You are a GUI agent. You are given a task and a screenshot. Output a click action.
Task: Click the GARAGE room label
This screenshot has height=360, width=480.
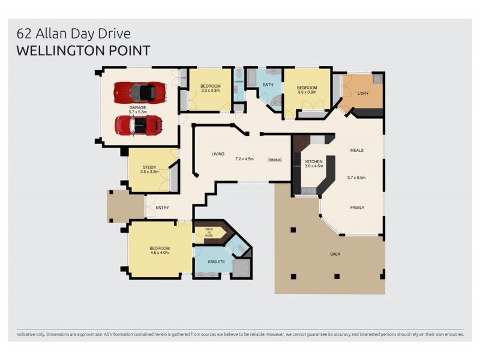click(x=138, y=108)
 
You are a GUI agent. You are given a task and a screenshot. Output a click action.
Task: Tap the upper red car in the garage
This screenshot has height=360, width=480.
click(x=139, y=92)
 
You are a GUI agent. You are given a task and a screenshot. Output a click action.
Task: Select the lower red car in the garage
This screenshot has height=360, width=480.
click(x=139, y=125)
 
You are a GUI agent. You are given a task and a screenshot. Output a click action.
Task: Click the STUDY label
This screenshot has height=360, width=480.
click(x=149, y=167)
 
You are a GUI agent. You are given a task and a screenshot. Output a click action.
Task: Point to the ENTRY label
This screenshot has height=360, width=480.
click(x=162, y=208)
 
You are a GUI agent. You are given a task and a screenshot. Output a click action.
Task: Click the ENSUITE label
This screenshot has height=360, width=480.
click(x=217, y=262)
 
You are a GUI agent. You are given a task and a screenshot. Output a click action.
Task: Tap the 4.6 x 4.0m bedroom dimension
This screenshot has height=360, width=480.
click(x=159, y=253)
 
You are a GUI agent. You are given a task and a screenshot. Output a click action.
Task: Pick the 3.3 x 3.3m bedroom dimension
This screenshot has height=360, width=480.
click(x=210, y=92)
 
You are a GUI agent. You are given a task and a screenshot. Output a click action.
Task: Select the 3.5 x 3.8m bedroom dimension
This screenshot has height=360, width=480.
click(x=307, y=92)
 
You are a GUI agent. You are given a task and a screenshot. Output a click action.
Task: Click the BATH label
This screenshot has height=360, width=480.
click(x=268, y=85)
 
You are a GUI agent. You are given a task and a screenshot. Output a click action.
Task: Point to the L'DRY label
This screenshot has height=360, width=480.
click(x=362, y=93)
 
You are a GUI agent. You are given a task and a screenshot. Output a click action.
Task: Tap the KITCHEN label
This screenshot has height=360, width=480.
click(x=314, y=162)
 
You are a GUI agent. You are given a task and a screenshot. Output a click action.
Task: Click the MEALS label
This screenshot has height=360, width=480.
click(x=357, y=151)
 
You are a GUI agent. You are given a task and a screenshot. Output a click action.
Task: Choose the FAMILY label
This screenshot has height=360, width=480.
click(x=357, y=208)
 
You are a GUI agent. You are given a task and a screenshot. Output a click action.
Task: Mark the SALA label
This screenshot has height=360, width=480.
click(x=335, y=254)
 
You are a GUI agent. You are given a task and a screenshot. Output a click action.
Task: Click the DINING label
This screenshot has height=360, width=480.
click(x=275, y=160)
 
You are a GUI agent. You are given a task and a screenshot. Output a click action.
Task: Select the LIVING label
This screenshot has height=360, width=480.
click(x=217, y=154)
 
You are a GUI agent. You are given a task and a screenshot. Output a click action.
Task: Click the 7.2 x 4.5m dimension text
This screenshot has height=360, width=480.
click(x=244, y=159)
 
